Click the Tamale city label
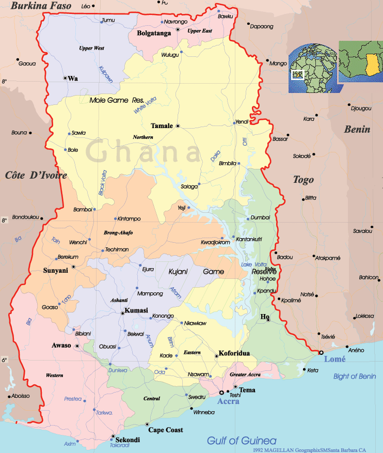point(162,126)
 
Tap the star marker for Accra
point(221,393)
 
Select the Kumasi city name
point(136,310)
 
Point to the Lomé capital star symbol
point(321,352)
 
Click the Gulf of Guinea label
point(242,441)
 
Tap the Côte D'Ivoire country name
point(36,176)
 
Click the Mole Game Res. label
point(116,100)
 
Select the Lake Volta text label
point(254,264)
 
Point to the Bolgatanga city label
point(154,33)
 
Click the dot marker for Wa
point(65,78)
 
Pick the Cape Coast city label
point(166,430)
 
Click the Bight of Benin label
point(355,376)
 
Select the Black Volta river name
point(102,183)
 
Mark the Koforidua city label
point(234,353)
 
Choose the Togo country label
point(304,180)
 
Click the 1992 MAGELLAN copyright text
point(317,450)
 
